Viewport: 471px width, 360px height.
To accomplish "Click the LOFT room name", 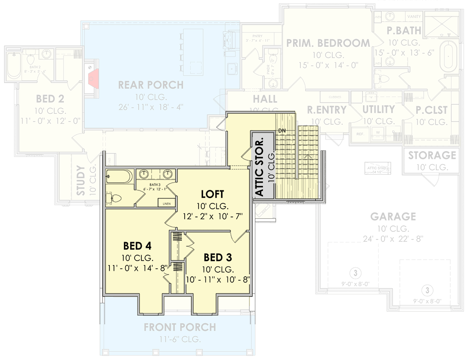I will click(212, 194).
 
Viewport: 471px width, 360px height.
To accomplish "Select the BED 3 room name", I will click(218, 257).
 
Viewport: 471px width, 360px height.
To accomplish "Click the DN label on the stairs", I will click(282, 130).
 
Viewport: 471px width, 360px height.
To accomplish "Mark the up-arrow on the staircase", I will click(308, 156).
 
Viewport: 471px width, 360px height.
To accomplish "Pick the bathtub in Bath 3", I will click(119, 177).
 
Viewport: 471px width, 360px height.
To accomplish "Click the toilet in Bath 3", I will click(115, 198).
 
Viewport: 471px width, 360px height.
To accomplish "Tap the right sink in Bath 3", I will click(168, 174).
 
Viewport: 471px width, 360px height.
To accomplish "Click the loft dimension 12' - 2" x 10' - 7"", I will click(213, 216).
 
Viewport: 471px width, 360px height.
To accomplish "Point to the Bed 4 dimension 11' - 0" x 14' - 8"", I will click(137, 268).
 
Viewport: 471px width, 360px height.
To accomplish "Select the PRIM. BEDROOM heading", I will click(328, 43).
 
